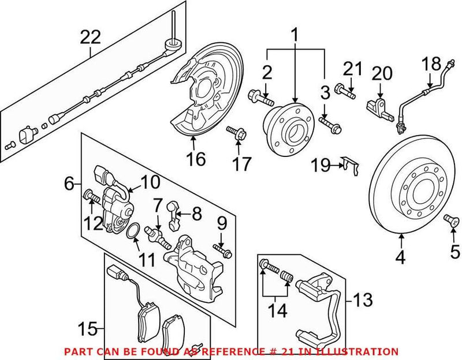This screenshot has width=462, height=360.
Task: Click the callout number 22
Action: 91,38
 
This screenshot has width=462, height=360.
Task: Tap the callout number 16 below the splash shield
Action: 196,159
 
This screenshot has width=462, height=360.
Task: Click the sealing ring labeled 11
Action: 132,232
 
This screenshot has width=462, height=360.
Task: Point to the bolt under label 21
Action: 345,89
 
